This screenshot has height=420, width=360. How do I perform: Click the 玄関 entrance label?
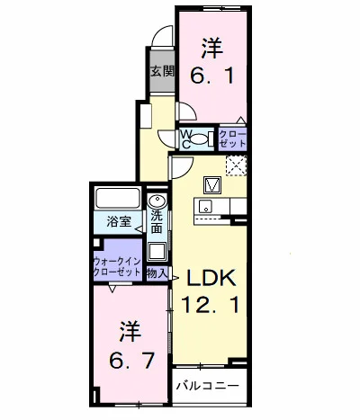coord(162,71)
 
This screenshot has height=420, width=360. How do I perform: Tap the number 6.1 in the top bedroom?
coord(213,76)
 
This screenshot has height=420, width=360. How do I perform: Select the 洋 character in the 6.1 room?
coord(212,45)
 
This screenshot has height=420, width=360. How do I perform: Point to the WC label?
coord(186,139)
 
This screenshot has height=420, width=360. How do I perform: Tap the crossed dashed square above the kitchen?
coord(237,165)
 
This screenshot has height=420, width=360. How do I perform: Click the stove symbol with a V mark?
coord(213,185)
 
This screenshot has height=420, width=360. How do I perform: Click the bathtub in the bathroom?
coord(115,199)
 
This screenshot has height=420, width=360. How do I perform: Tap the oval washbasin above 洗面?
coord(157,201)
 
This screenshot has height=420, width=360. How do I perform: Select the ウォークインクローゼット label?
coord(117,266)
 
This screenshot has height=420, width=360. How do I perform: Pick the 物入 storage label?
coord(157,271)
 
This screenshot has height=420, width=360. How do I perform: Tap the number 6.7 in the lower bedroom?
coord(127,362)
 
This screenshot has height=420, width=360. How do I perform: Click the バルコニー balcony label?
coord(207,386)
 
